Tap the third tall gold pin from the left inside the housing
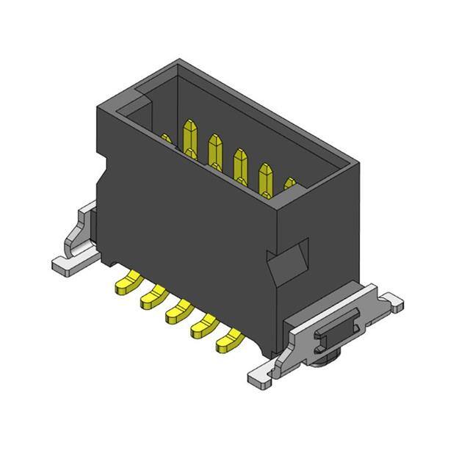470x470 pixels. (241, 163)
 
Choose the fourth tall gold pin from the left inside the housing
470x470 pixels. (266, 177)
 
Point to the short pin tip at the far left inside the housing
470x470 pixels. (167, 140)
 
